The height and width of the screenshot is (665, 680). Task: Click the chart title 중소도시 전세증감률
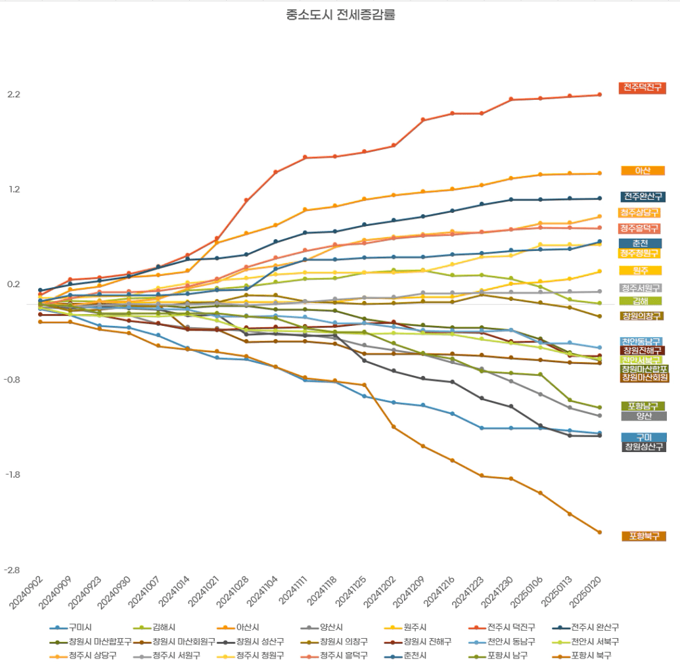340,14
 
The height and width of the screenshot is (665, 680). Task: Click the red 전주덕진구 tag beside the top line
643,88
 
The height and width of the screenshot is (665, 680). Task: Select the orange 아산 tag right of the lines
643,171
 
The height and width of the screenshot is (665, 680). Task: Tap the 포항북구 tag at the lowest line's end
643,537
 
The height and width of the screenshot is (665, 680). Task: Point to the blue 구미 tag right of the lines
643,438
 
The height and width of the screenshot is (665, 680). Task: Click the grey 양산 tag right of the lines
643,416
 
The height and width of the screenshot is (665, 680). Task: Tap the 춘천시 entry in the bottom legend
413,655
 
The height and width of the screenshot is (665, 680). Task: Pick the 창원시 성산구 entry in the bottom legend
260,641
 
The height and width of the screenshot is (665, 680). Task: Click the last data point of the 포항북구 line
599,532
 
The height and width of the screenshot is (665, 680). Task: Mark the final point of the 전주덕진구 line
599,95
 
